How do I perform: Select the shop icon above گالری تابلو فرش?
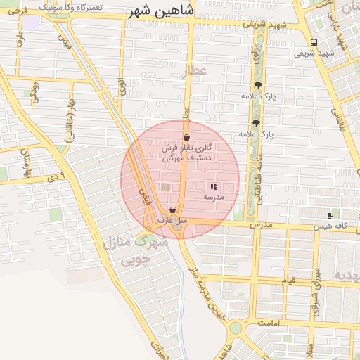coord(186,137)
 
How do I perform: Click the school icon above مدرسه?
coord(213,187)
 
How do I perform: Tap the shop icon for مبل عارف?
coord(172,210)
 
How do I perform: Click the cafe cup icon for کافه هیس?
coord(330,214)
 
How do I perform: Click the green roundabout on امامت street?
coord(235,328)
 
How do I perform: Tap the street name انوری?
coord(122,88)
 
